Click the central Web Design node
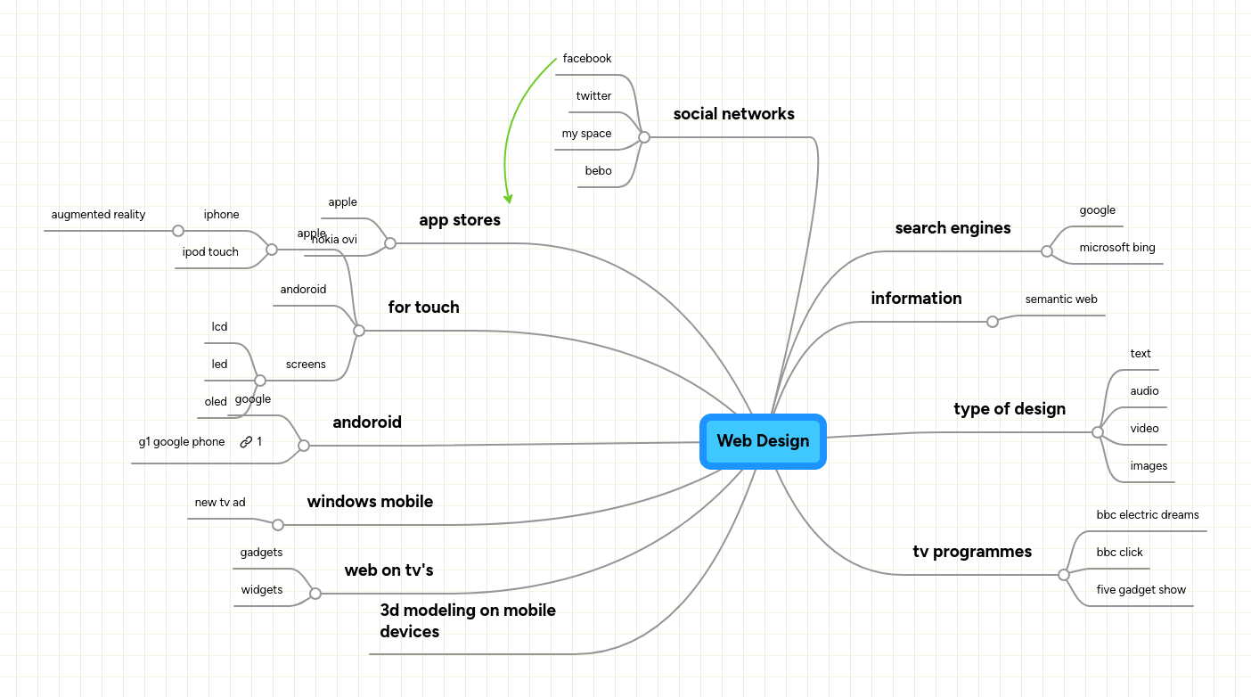pos(763,441)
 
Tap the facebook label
pos(587,59)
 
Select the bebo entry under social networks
pos(598,171)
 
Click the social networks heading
pos(733,114)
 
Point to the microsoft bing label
pos(1116,248)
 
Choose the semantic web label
pos(1060,299)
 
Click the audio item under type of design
pos(1144,391)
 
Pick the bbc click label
pos(1119,553)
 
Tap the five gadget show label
pos(1141,590)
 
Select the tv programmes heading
pos(971,552)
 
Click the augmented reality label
pos(98,215)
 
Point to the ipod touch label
pos(210,252)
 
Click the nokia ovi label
pos(335,240)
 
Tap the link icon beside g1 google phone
pos(246,442)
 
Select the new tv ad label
pos(220,503)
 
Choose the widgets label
pos(261,590)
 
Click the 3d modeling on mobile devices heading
pos(467,620)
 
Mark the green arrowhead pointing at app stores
pos(508,199)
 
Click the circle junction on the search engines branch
pos(1046,251)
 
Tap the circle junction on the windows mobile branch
pos(278,525)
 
